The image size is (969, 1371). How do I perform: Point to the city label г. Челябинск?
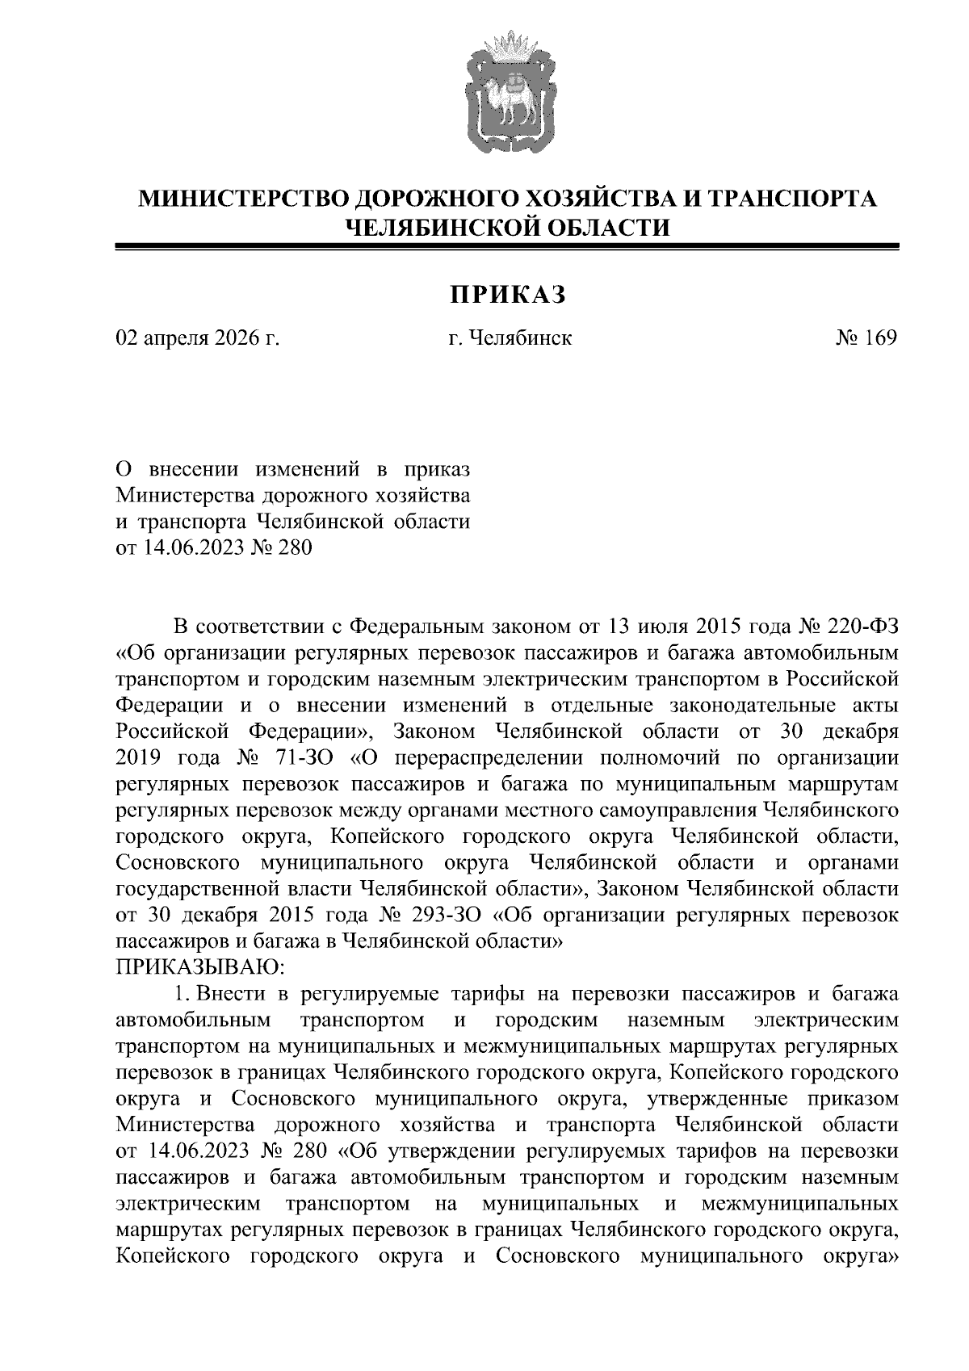510,338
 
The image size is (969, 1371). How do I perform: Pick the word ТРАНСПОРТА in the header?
790,198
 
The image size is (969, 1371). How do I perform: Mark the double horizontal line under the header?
507,248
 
